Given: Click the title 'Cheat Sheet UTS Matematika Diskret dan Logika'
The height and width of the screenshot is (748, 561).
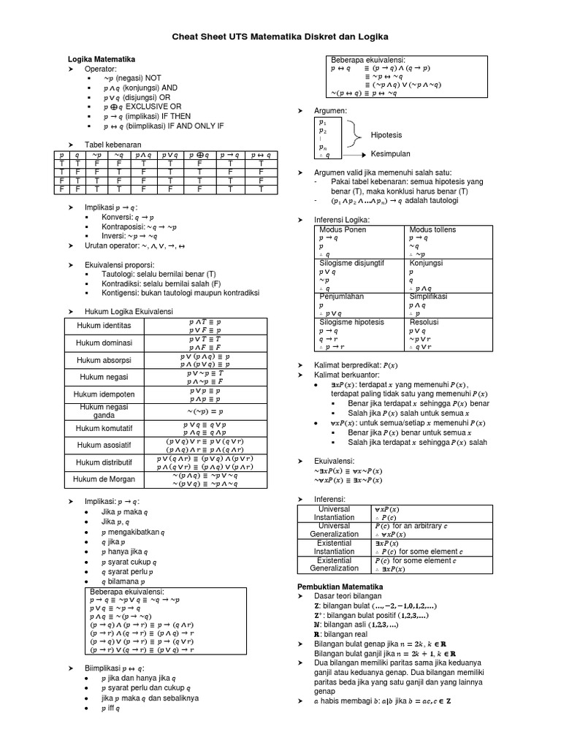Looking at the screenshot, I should [x=280, y=36].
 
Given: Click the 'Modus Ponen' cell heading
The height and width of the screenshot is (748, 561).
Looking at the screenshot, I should [x=343, y=230].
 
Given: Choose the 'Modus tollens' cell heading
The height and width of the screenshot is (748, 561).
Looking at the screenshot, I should [x=432, y=230].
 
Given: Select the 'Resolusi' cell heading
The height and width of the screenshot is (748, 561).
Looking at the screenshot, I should [x=424, y=321].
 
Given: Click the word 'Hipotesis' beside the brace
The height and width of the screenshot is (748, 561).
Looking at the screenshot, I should [x=386, y=135].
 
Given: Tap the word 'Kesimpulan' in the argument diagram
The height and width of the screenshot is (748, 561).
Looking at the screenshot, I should [x=391, y=155].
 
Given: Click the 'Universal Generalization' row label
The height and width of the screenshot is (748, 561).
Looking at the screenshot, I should [x=332, y=530].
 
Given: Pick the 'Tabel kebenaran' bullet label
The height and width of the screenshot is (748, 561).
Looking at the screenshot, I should [x=113, y=145].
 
